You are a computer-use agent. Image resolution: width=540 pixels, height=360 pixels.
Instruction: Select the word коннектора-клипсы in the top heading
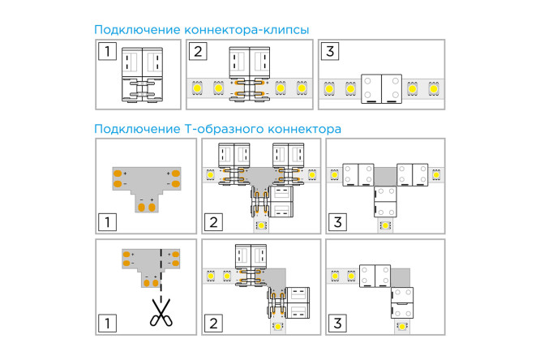(x=247, y=30)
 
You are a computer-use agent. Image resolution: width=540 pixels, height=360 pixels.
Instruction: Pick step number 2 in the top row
(x=199, y=53)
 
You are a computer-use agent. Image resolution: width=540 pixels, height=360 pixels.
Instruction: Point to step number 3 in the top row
(x=329, y=53)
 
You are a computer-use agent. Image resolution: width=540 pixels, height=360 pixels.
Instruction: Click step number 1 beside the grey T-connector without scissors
(x=107, y=221)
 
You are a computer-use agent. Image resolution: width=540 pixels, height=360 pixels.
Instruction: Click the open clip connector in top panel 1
(x=143, y=75)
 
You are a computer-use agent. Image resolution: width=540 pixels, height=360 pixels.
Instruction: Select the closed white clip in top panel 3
(x=381, y=88)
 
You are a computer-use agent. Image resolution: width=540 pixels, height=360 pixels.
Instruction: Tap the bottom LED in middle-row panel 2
(x=263, y=227)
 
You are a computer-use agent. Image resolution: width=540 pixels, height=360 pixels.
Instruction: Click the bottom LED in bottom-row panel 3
(x=403, y=328)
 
